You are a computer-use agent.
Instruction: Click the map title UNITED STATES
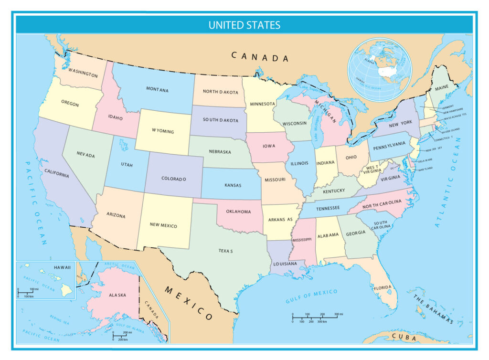(x=244, y=25)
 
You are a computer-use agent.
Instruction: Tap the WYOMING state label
(x=163, y=131)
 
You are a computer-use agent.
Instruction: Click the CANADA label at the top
(x=260, y=57)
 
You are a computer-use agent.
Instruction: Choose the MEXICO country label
(x=189, y=303)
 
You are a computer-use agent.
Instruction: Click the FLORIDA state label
(x=383, y=288)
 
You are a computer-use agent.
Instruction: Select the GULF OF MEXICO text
(x=311, y=296)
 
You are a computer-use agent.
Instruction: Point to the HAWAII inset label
(x=62, y=267)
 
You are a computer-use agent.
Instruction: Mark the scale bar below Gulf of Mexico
(x=315, y=317)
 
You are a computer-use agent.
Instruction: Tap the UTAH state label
(x=127, y=165)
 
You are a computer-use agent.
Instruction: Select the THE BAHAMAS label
(x=432, y=307)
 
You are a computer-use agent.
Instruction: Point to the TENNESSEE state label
(x=327, y=208)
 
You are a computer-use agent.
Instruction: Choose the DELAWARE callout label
(x=425, y=160)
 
